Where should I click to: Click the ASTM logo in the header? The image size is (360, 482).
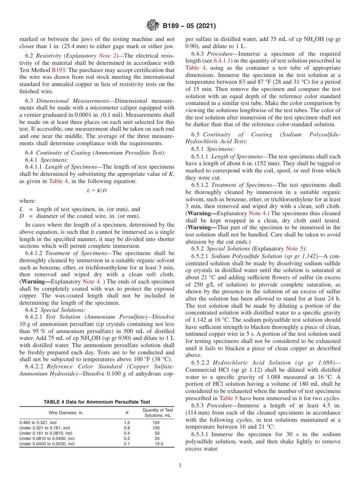153,26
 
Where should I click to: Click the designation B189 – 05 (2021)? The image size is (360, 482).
189,26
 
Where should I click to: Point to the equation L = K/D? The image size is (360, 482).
97,190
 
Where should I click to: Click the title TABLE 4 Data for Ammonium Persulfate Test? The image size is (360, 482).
97,402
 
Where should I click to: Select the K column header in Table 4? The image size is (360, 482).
127,413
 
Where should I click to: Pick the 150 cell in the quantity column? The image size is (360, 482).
156,422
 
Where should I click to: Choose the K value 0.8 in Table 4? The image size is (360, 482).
127,427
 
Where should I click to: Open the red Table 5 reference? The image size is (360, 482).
228,398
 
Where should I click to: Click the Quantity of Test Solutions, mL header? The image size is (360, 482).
157,413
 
